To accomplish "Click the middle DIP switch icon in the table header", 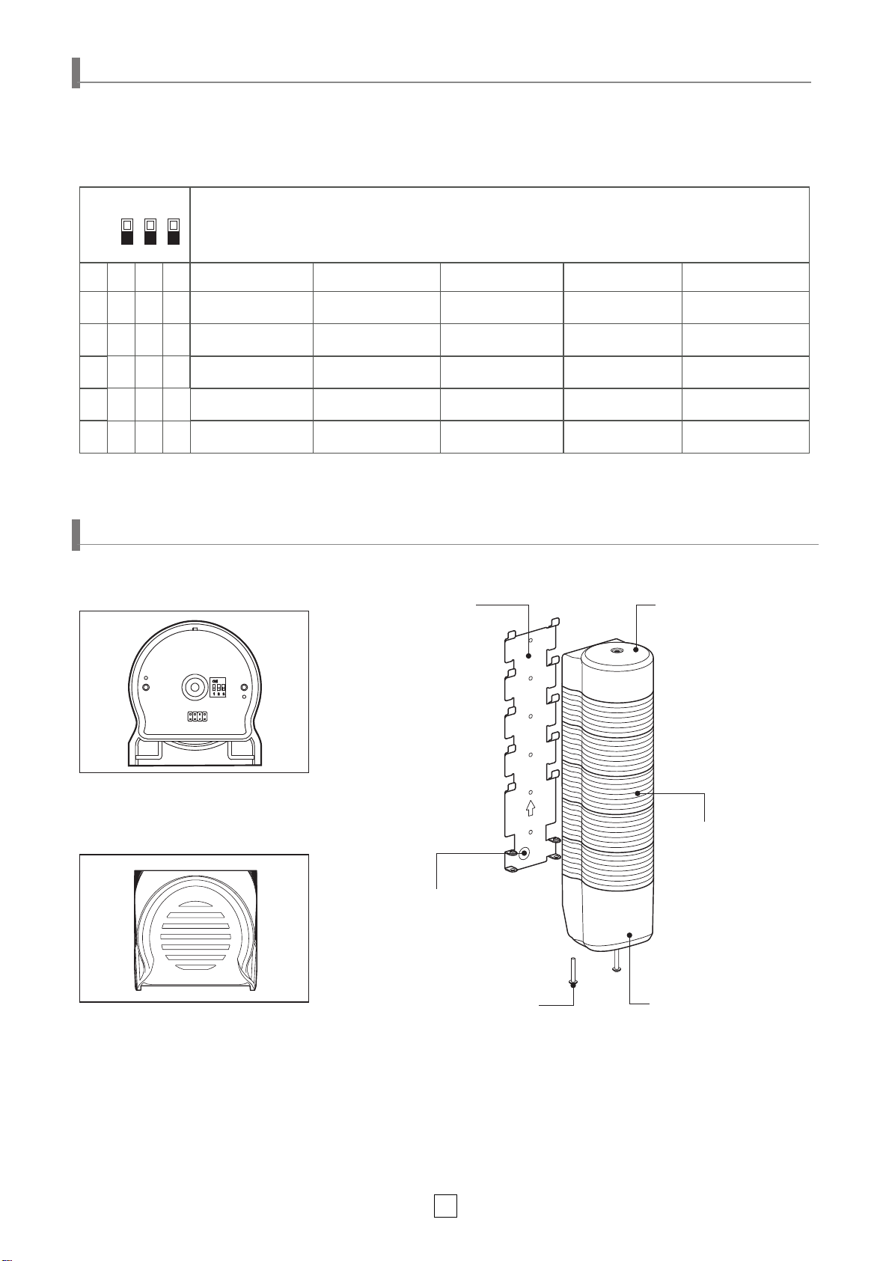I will pos(150,231).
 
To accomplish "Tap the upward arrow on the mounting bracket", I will pos(531,808).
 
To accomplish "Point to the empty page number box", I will pos(445,1205).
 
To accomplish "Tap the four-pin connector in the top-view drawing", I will pos(197,717).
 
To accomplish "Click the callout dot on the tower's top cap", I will pos(635,650).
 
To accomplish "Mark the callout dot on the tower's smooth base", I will pos(630,935).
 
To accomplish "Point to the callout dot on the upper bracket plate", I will pos(529,656).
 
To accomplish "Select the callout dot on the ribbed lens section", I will pos(637,793).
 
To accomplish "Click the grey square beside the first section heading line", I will pos(76,73).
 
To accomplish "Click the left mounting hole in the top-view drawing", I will pos(146,687).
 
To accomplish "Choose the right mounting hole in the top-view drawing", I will pos(244,687).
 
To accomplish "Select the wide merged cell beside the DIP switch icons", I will pos(500,225).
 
